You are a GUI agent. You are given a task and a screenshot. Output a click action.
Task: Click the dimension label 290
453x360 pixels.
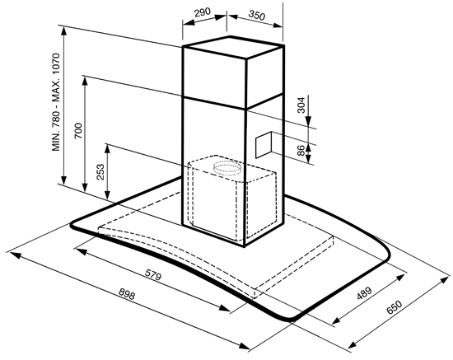pos(203,12)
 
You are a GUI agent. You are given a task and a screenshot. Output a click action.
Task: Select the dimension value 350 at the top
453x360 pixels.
pos(256,16)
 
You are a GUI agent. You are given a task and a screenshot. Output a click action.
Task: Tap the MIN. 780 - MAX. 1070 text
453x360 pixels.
pos(56,102)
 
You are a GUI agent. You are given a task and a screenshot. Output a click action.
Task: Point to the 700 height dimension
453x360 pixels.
pos(78,131)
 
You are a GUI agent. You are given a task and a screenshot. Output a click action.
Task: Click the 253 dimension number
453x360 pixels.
pos(100,172)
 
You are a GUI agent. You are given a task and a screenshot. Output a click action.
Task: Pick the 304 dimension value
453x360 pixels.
pos(301,105)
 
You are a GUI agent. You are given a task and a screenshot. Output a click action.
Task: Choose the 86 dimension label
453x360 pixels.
pos(301,151)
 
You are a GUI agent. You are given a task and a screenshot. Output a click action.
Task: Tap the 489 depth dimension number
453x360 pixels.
pos(364,293)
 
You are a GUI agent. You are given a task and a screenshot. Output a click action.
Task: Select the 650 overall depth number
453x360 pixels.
pos(395,307)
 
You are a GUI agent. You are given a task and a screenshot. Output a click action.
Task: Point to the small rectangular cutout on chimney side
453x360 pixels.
pos(264,144)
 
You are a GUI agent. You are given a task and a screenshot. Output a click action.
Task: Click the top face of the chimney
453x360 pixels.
pos(233,47)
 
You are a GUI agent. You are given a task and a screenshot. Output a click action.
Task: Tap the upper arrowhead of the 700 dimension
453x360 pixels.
pos(85,82)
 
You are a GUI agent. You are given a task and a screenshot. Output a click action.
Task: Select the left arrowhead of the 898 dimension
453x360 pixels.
pos(16,255)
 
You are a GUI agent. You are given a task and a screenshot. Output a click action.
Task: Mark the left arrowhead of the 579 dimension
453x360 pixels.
pos(82,251)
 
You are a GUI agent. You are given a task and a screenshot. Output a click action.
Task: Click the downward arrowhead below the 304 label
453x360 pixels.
pos(308,121)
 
